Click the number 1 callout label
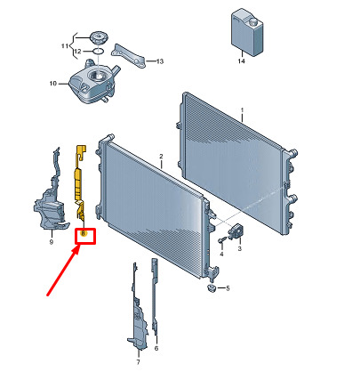coord(242,110)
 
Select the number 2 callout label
coord(161,156)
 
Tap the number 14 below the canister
coord(242,61)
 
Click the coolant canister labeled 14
coord(247,32)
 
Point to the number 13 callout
coord(160,61)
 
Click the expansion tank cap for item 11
coord(99,37)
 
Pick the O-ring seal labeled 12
coord(99,51)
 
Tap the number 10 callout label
coord(53,84)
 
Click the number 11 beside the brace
coord(65,46)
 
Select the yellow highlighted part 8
coord(80,184)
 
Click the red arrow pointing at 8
coord(62,271)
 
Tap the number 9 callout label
coord(52,242)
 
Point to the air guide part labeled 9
coord(51,193)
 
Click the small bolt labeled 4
coord(222,240)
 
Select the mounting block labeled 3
coord(236,231)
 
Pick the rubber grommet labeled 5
coord(212,287)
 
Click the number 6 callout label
coord(156,348)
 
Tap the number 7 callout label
coord(138,362)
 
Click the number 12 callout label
coord(77,52)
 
